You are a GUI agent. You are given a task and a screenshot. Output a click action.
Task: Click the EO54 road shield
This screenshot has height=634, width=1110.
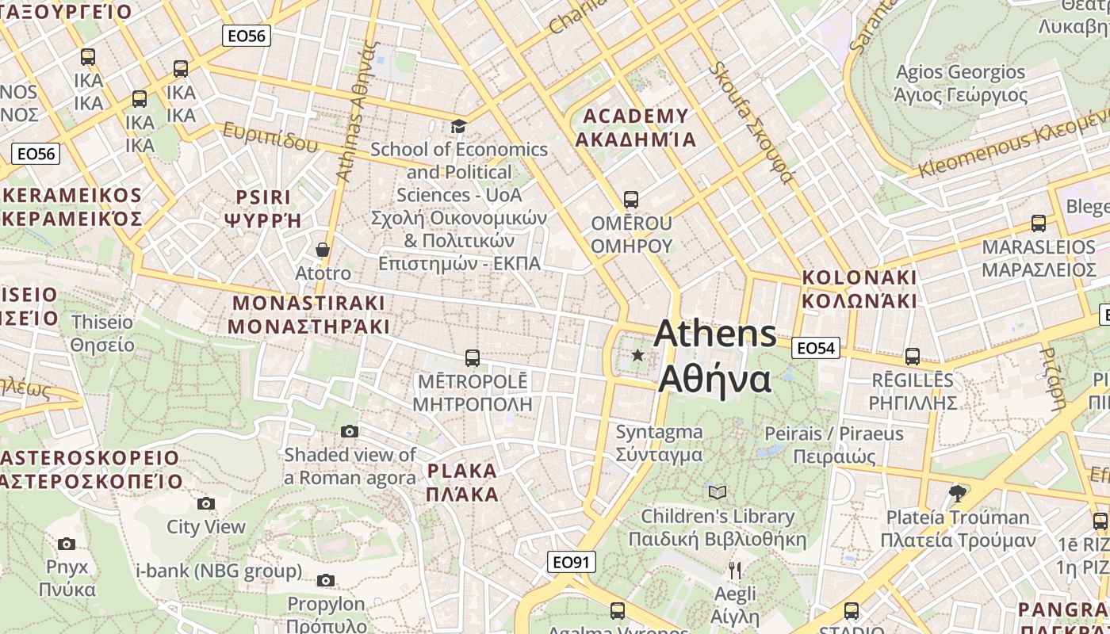point(816,348)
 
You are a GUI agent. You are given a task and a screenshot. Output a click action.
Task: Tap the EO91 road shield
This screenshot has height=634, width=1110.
point(572,562)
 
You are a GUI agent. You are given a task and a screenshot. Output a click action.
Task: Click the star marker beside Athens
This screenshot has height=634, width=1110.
point(637,355)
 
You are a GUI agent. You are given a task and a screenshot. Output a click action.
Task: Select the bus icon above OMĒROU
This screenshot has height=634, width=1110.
point(631,200)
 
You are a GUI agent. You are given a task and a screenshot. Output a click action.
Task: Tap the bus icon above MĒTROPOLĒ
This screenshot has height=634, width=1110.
point(473,358)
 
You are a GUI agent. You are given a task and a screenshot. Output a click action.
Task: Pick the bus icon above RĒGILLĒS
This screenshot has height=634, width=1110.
point(913,357)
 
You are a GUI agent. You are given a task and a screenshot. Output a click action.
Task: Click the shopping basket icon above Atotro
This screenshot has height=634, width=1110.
point(323,250)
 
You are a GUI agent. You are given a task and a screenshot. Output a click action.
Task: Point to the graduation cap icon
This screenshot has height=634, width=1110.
point(458,126)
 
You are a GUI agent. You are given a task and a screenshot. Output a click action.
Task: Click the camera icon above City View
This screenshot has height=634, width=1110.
point(206,503)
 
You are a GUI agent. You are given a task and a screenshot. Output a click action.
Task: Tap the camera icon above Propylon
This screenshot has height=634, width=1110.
point(326,580)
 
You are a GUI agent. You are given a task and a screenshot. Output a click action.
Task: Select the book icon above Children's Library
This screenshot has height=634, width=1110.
point(718,493)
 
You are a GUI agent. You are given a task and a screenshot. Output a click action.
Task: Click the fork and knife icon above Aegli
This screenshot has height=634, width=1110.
point(735,570)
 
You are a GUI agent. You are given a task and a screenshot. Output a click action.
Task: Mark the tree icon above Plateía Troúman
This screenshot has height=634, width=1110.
point(958,494)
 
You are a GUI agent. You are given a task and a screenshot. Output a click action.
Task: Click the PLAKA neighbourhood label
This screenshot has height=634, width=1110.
point(462,483)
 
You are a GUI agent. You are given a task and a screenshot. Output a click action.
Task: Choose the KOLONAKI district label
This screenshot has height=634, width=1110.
point(859,289)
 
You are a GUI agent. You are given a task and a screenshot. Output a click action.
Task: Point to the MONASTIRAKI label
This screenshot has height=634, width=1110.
point(308,315)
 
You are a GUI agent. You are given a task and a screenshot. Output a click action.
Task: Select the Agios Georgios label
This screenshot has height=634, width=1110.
point(960,83)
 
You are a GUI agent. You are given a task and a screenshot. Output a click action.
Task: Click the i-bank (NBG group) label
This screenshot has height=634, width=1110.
point(220,571)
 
